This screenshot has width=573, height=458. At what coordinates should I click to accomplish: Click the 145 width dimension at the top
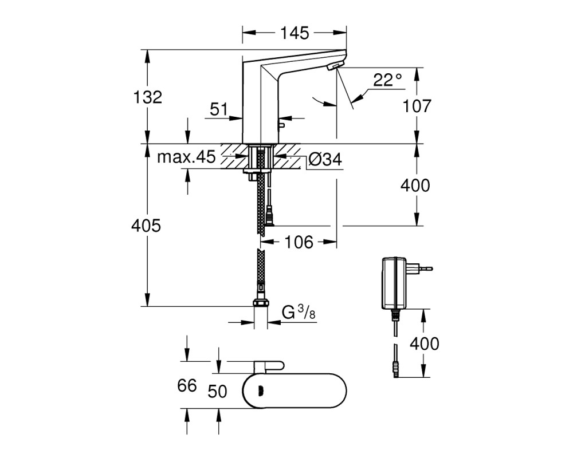[295, 33]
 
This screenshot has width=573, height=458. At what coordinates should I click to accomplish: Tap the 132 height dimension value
[147, 97]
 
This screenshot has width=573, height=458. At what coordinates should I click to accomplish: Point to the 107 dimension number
[417, 106]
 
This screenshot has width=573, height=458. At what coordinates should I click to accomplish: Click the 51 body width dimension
[219, 109]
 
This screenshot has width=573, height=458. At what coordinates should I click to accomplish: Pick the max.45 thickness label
[186, 157]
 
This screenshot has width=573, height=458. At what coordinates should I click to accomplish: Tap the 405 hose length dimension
[146, 226]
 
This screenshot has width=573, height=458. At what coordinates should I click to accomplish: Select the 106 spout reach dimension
[299, 242]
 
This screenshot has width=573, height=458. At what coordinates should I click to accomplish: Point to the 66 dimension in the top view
[187, 385]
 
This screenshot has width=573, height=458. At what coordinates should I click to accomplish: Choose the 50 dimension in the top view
[217, 391]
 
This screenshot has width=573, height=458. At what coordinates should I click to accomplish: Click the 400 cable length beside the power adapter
[424, 343]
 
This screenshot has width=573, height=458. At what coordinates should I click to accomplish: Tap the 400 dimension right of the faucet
[415, 185]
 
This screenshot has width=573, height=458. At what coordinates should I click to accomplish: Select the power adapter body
[394, 283]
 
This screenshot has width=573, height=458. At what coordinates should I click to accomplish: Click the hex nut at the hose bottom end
[261, 303]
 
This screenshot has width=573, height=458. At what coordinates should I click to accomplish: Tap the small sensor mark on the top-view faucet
[261, 391]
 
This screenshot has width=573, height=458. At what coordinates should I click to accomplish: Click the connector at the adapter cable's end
[395, 370]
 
